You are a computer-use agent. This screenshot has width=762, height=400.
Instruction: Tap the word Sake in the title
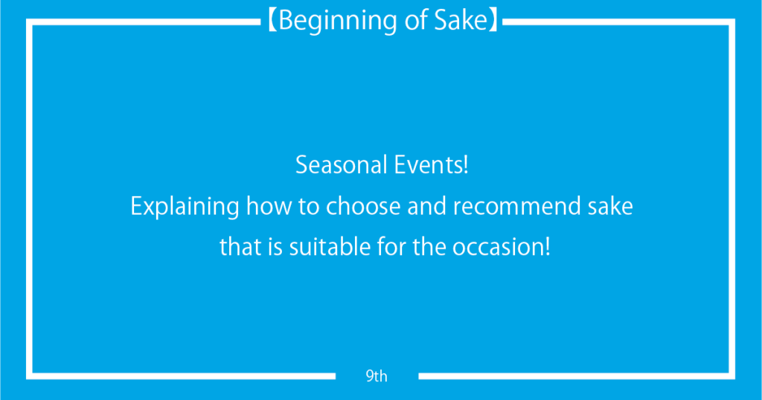click(461, 20)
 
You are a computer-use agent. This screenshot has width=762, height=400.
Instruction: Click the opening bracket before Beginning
click(272, 21)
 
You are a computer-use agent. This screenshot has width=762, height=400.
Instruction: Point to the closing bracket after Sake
click(494, 21)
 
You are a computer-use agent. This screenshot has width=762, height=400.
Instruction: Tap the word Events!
click(432, 164)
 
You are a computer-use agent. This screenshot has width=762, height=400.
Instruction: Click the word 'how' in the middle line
click(269, 206)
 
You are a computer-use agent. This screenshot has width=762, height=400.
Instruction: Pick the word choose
click(363, 207)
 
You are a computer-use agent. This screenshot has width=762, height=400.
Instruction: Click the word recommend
click(516, 207)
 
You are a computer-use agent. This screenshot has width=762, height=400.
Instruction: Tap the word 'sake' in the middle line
click(610, 207)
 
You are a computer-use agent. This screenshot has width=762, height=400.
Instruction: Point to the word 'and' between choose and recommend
click(426, 207)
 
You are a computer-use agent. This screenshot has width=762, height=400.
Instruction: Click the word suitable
click(330, 247)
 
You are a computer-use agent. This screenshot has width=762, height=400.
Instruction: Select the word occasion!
click(502, 247)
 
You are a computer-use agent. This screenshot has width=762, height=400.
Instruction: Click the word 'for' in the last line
click(391, 247)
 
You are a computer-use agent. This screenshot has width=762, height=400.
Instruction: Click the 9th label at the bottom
click(377, 376)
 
